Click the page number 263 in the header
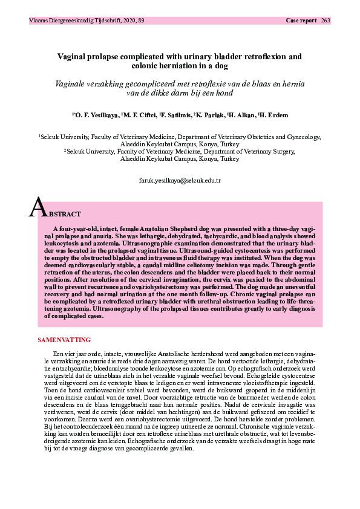pos(326,21)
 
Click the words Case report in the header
pos(301,21)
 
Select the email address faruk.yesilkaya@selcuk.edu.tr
pos(180,181)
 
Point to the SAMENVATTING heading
pos(64,340)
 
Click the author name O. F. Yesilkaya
pos(96,115)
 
